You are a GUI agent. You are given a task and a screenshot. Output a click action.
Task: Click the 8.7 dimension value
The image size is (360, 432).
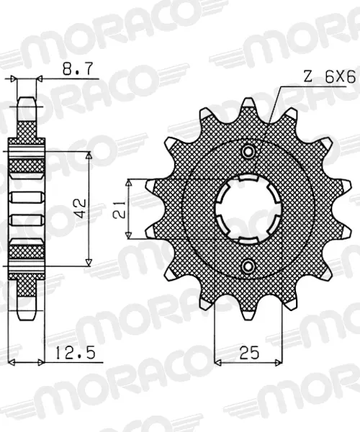pos(78,69)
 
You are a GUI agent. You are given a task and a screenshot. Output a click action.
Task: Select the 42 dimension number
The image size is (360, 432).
pos(80,209)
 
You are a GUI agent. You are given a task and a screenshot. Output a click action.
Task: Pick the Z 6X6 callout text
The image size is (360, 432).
pos(329,78)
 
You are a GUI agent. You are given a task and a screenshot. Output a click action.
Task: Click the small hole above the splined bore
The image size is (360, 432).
pos(248,151)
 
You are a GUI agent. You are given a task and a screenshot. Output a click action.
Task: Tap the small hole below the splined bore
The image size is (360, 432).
pos(248,266)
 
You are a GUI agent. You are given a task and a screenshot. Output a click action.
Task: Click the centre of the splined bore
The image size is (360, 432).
pos(248,209)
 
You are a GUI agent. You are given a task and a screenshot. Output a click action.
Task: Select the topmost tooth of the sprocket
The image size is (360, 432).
pos(248,106)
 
